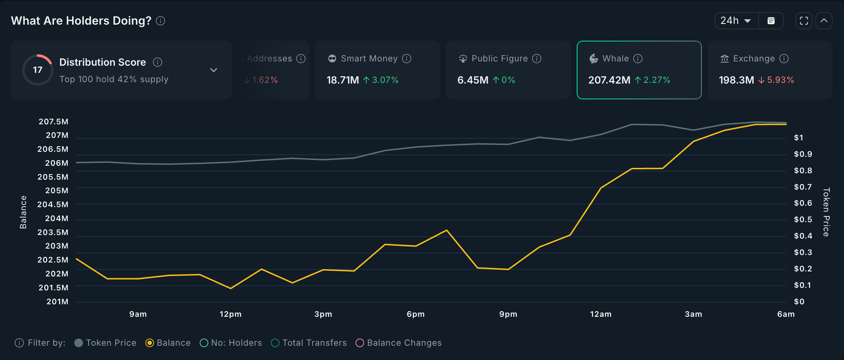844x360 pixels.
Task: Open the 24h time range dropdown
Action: (x=736, y=21)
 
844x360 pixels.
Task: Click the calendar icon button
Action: (x=771, y=21)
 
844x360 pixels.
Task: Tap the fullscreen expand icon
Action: (x=804, y=21)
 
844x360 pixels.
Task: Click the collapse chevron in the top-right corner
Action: (x=824, y=21)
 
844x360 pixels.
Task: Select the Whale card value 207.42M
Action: (x=609, y=80)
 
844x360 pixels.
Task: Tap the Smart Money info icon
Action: (x=407, y=59)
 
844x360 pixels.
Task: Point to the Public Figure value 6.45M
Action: (x=473, y=80)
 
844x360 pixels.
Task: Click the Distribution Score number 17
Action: (x=38, y=70)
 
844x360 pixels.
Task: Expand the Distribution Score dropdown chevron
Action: (x=214, y=70)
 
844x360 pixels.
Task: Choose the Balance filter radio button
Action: (x=150, y=343)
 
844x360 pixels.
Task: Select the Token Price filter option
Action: (x=79, y=343)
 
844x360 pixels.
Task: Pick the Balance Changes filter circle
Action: (x=360, y=343)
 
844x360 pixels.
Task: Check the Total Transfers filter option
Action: (x=275, y=343)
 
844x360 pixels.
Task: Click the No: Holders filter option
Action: (x=204, y=343)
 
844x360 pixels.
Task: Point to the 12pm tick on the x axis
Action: (x=230, y=314)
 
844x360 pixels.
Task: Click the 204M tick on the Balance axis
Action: (x=56, y=218)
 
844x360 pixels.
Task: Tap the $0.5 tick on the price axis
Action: (x=803, y=219)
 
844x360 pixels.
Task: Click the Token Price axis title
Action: (x=826, y=212)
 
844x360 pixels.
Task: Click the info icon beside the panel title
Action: (x=160, y=21)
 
